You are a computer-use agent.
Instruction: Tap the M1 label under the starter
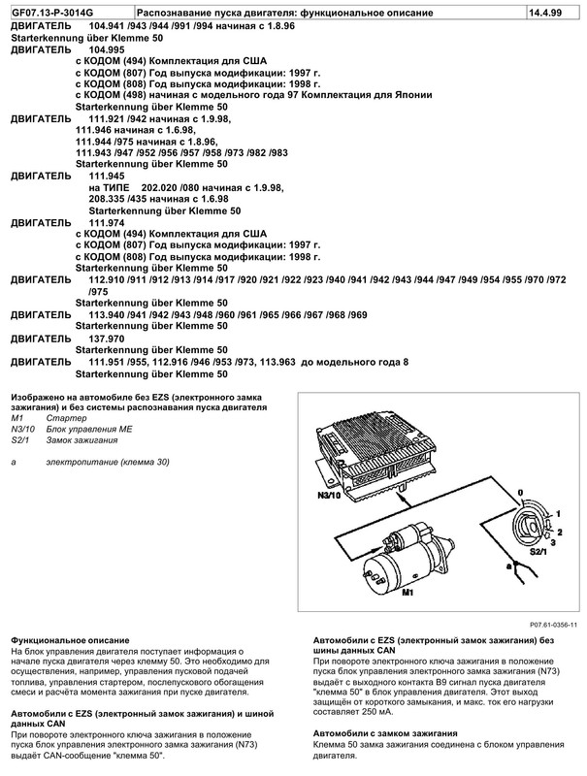[x=408, y=589]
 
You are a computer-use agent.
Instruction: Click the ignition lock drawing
[x=534, y=521]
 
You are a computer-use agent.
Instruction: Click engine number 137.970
[x=110, y=339]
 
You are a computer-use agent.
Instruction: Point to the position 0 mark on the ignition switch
[x=520, y=492]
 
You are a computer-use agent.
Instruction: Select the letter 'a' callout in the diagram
[x=498, y=560]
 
